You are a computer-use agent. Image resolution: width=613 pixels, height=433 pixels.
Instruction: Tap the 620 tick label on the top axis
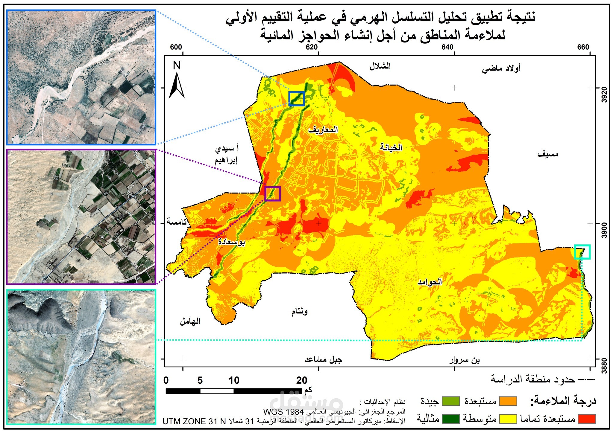pos(312,47)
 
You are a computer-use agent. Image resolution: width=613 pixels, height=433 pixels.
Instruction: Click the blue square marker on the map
pos(297,99)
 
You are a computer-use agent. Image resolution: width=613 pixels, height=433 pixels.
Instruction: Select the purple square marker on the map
pos(273,193)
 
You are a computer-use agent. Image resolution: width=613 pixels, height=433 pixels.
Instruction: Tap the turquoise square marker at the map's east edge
pos(582,252)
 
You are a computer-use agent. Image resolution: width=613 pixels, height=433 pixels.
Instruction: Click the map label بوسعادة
pos(231,242)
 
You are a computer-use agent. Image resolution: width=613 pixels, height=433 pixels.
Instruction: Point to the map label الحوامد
pos(430,282)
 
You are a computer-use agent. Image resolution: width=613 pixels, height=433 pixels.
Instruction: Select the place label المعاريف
pos(323,129)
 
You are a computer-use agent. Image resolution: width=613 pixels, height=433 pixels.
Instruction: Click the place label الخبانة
pos(391,147)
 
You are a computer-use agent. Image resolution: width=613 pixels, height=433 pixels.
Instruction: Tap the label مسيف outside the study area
pos(548,154)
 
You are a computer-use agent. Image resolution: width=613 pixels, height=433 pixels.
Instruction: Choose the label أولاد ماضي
pos(501,69)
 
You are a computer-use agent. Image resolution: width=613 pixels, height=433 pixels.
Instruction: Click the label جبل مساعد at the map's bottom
pos(323,359)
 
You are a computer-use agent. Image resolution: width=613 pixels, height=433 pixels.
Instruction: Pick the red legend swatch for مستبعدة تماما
pos(586,419)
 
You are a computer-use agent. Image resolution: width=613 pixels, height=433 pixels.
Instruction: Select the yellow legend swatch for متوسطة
pos(508,419)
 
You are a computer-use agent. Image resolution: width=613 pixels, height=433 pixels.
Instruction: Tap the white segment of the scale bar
pos(217,391)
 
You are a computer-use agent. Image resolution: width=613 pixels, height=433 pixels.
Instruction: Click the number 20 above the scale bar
pos(302,380)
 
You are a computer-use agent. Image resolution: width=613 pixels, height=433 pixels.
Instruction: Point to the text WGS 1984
pos(284,412)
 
